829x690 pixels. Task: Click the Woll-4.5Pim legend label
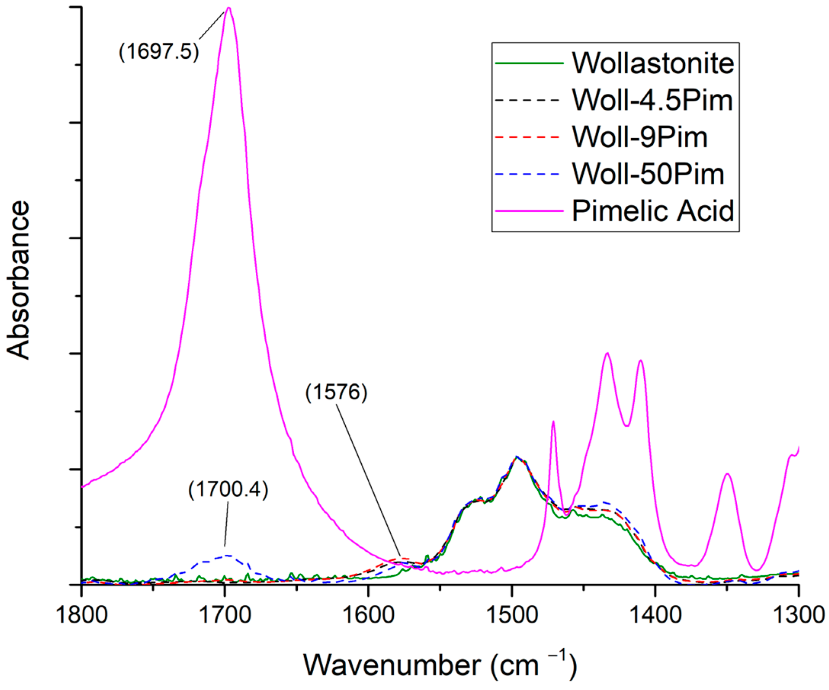652,100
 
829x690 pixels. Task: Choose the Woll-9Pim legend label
640,137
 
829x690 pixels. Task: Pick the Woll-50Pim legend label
648,174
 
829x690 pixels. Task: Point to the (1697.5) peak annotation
159,52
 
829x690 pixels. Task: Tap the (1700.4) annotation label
228,490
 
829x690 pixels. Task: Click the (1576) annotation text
336,392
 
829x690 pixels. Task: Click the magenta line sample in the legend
529,211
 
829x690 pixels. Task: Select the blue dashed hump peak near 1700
228,555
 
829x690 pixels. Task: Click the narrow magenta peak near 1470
553,422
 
